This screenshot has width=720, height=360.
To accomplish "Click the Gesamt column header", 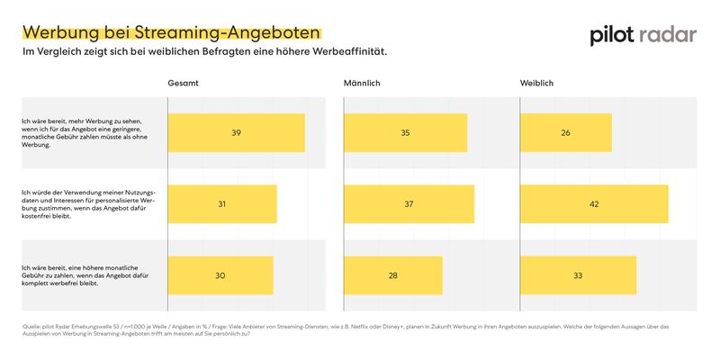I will point(183,84).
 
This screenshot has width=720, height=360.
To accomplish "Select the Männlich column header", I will point(362,84).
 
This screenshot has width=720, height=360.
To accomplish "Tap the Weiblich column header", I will point(536,84).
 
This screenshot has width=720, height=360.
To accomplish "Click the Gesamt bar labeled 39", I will point(236,133).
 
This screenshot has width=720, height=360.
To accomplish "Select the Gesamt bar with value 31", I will point(221,204).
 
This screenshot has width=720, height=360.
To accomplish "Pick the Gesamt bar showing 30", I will point(220,275).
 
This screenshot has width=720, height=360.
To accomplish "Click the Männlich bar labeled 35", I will point(405,133).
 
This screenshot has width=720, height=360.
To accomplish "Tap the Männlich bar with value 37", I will point(409,204).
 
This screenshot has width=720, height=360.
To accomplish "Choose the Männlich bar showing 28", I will point(392,275).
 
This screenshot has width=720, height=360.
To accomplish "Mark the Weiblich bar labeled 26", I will point(565,133).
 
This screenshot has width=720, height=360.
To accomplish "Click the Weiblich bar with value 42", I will point(594,204).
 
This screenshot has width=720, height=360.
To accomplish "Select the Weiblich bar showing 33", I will point(578,275).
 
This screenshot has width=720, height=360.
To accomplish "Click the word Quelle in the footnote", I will point(32,326).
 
